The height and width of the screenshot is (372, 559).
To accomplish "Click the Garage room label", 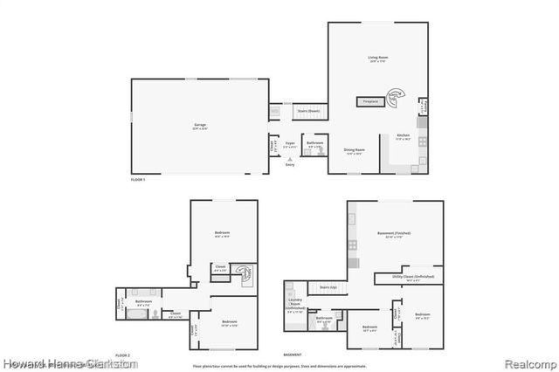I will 200,125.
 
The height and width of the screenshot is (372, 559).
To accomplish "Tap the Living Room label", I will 377,59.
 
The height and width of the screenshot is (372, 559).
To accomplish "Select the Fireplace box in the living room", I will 370,102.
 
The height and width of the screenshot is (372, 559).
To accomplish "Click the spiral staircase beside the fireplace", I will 396,95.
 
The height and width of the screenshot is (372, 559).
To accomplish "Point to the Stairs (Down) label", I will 307,112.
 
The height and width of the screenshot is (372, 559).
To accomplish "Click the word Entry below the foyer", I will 290,164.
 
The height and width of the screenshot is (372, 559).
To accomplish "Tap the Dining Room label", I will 354,150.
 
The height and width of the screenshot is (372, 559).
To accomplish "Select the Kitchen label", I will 403,136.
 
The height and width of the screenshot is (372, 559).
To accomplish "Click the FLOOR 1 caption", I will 137,179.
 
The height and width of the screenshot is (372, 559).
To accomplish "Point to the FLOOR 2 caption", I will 123,356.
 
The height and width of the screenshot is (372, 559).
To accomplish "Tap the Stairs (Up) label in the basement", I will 328,286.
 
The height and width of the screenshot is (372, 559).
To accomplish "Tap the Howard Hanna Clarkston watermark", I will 70,362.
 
